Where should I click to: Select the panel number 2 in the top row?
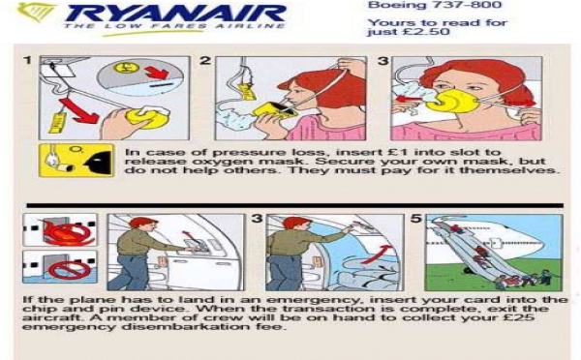pyautogui.click(x=205, y=62)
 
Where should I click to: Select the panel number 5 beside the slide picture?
pyautogui.click(x=416, y=219)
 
